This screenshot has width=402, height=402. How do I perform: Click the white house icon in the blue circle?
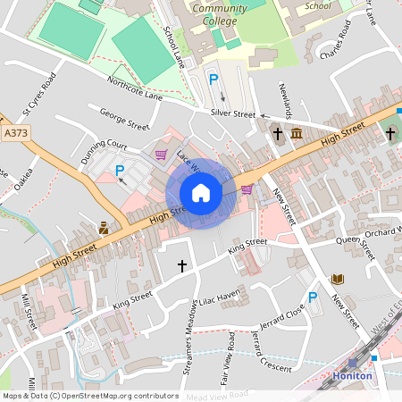(201, 193)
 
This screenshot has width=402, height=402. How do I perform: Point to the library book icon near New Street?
(338, 280)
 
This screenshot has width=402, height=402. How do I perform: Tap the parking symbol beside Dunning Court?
(120, 170)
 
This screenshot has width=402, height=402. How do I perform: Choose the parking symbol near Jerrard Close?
(313, 297)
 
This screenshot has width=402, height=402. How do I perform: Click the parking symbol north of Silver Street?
(214, 80)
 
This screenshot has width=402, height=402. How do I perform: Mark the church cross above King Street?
(182, 266)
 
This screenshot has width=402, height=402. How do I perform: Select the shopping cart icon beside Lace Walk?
(161, 154)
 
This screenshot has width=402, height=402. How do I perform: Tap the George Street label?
(123, 119)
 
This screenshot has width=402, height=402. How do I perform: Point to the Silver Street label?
(233, 114)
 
